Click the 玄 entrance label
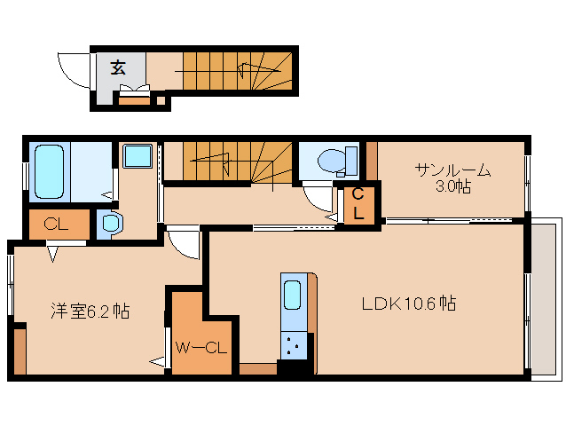point(117,67)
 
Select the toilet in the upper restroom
point(334,161)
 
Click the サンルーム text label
point(451,170)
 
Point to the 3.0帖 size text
point(451,187)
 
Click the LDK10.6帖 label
point(407,304)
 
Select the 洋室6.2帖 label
point(90,311)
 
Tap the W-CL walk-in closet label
point(202,347)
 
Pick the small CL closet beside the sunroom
point(358,204)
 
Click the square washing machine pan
point(138,157)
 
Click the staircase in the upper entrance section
point(235,69)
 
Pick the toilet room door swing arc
point(316,194)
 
